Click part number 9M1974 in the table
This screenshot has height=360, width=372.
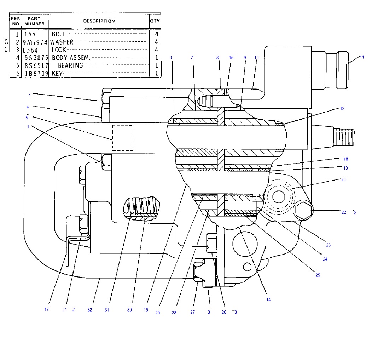35,42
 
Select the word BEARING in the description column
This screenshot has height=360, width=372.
70,65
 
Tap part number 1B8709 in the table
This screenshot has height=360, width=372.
36,73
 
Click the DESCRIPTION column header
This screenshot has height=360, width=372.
99,21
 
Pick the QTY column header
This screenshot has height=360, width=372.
155,21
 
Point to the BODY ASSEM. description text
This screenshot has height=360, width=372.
71,57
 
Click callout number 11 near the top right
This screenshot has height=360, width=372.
362,57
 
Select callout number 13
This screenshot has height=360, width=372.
342,109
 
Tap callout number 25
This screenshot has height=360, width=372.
318,275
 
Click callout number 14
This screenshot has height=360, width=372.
268,299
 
